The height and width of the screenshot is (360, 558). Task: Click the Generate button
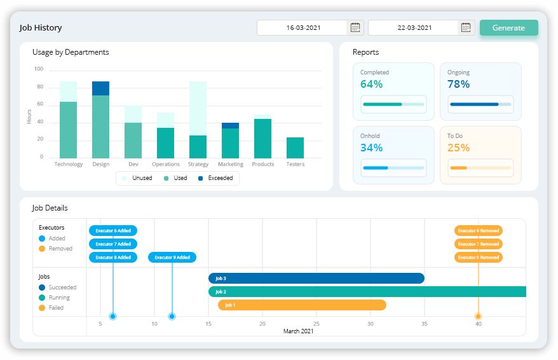(508, 28)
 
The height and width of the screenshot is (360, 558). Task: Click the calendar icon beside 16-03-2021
(355, 27)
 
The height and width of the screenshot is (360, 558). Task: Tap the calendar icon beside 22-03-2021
(466, 27)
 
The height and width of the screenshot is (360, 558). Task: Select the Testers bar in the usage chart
(295, 148)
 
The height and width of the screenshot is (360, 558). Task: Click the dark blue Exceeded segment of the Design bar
(100, 88)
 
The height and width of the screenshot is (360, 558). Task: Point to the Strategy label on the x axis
(198, 164)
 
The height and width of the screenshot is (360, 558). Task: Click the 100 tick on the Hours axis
(39, 69)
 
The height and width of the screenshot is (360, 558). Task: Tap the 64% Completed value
(371, 84)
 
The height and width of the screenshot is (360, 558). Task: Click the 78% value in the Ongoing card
(458, 84)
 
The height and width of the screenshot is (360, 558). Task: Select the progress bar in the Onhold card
(393, 168)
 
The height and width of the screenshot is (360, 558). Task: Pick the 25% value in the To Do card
(458, 148)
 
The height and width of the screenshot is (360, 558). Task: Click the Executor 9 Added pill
(172, 258)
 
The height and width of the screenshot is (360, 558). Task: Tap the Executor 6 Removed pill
(478, 231)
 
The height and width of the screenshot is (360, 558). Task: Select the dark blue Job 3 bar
(316, 278)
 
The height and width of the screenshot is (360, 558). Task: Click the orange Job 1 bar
(302, 305)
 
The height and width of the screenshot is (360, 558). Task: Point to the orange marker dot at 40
(479, 316)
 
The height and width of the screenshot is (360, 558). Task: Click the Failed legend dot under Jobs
(42, 308)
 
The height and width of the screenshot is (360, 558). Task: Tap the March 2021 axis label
(298, 331)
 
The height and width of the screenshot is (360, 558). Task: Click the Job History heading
(41, 28)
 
